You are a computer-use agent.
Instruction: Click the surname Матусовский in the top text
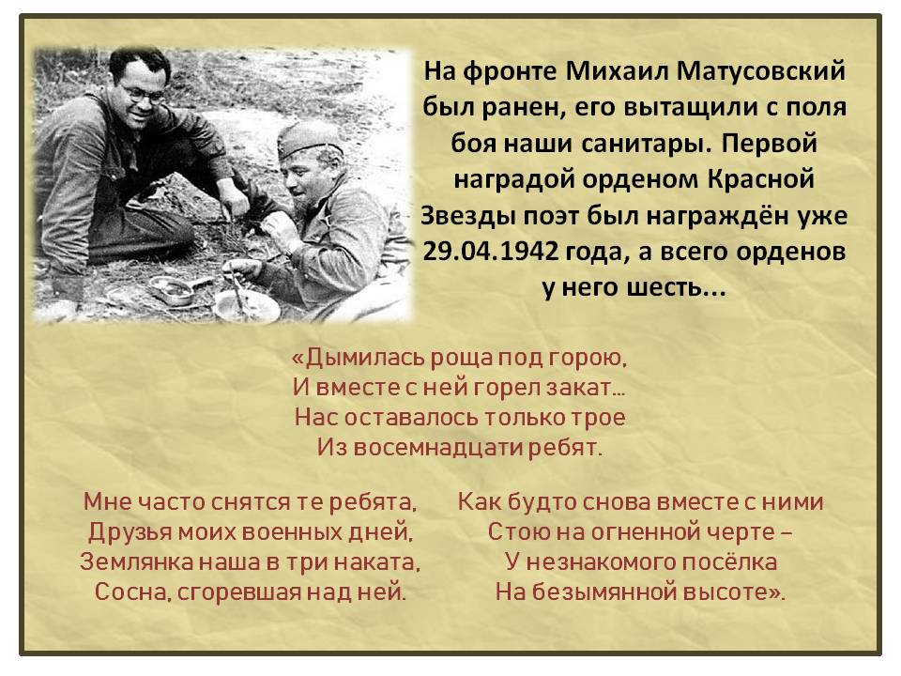[761, 71]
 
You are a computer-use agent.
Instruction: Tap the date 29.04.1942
[490, 252]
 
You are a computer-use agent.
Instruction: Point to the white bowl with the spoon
[246, 304]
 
